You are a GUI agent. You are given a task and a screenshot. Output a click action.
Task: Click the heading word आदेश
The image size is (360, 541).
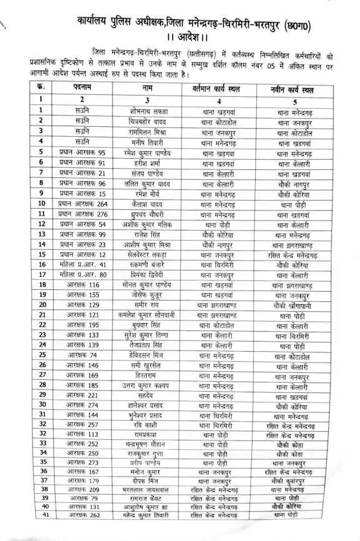[180, 32]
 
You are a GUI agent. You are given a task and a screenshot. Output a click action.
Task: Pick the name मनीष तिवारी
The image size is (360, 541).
[146, 142]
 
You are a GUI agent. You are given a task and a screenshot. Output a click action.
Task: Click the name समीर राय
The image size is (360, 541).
[146, 304]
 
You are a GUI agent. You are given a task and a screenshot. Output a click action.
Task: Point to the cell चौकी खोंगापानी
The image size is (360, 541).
[291, 304]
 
